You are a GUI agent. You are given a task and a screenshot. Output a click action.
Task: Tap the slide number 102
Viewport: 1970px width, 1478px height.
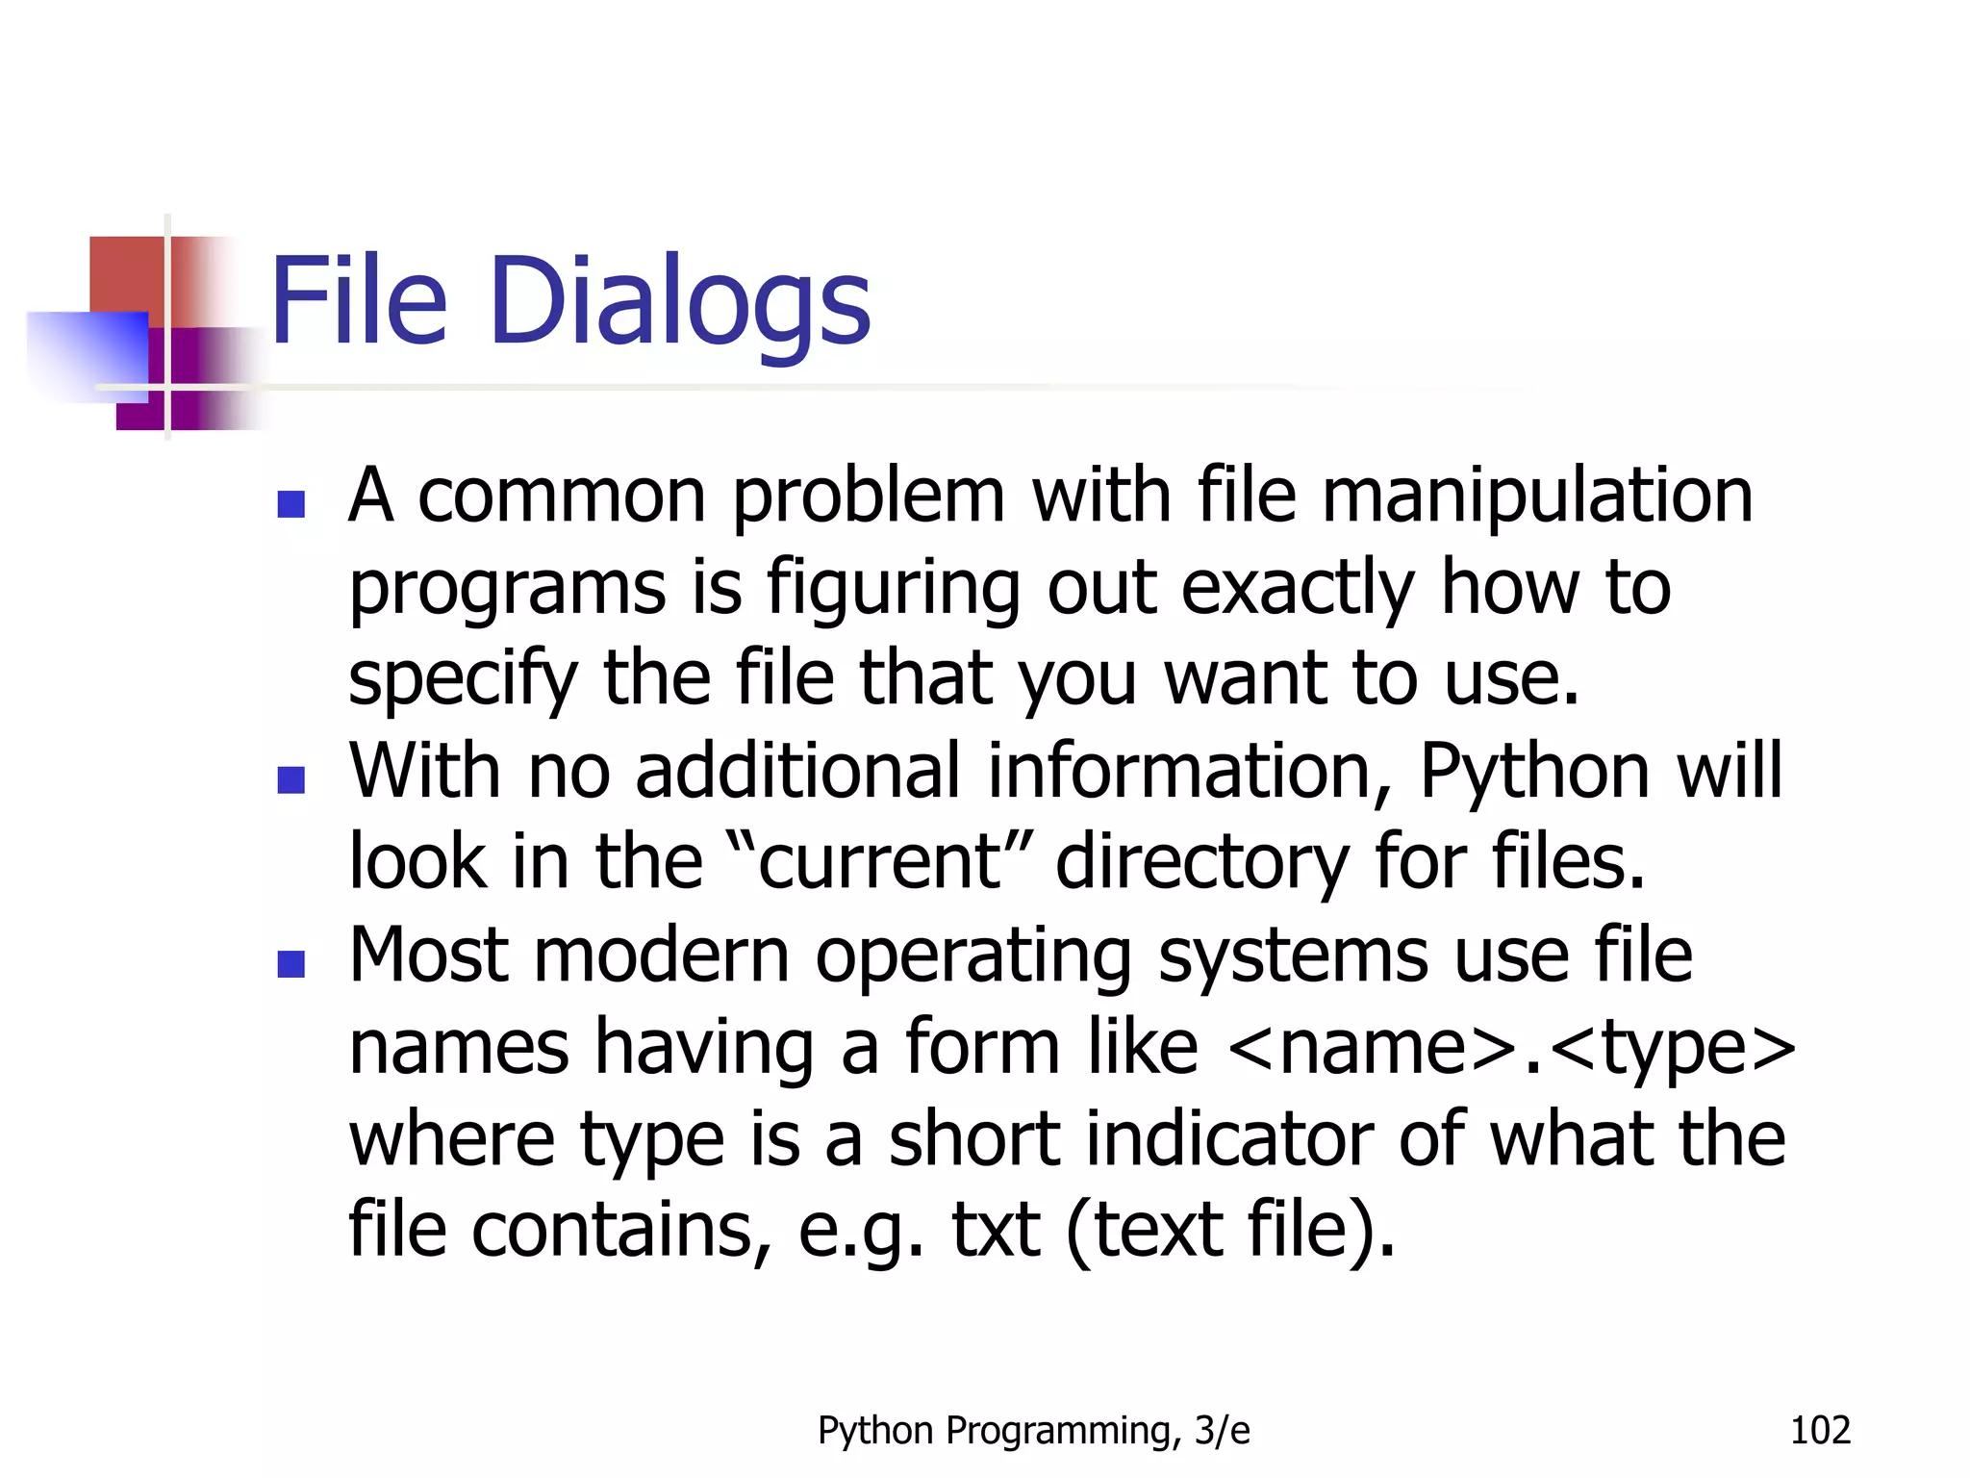coord(1819,1431)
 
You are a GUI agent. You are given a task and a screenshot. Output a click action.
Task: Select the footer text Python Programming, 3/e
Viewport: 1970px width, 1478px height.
coord(1033,1431)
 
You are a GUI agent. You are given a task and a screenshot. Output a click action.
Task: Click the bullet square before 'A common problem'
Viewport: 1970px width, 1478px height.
coord(290,504)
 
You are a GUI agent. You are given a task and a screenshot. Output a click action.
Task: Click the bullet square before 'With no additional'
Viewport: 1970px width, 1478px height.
coord(290,779)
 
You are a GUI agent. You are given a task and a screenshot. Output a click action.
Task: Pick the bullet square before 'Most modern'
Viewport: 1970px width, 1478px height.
coord(290,963)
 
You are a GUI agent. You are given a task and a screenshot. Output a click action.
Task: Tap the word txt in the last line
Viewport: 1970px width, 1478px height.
coord(995,1231)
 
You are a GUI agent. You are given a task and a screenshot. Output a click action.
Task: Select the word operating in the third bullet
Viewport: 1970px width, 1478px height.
coord(972,958)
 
